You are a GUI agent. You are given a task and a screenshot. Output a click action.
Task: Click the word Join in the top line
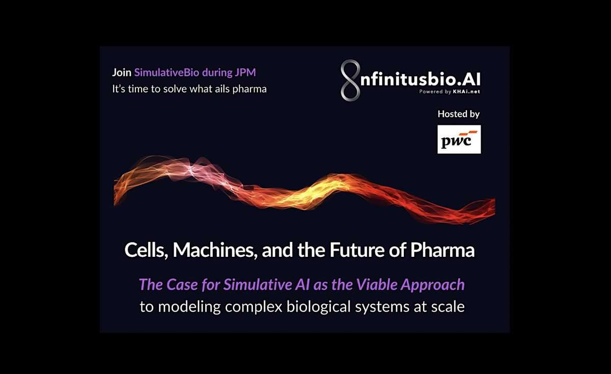[121, 73]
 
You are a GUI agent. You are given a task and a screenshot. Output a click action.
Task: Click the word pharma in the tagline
[249, 89]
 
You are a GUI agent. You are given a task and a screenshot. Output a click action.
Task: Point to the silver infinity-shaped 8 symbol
[350, 81]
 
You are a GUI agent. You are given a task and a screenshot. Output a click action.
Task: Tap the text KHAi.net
[466, 92]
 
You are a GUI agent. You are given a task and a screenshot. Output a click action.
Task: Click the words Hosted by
[459, 114]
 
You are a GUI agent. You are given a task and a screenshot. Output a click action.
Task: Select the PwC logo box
[459, 139]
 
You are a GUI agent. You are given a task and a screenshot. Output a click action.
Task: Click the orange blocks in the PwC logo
[468, 133]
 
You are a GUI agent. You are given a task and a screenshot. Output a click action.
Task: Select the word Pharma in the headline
[442, 250]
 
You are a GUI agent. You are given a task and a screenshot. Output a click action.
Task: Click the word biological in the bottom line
[318, 307]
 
